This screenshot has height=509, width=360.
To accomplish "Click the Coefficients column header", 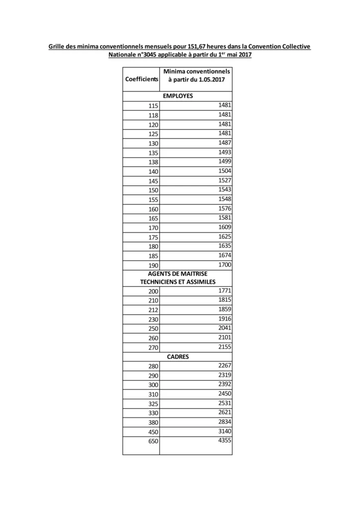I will pos(141,79).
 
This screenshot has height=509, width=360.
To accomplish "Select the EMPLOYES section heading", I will pos(178,96).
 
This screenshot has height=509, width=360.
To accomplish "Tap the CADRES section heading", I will pos(178,356).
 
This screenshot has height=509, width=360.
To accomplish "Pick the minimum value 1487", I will pos(225,143).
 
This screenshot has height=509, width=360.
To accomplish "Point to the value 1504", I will pos(225,170).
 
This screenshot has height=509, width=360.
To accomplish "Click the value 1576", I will pos(225,208).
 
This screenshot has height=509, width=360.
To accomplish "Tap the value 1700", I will pos(225,264).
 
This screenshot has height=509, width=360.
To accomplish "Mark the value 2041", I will pos(225,328).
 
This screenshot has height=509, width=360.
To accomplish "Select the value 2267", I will pos(225,365).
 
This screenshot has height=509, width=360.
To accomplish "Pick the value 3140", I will pos(225,431).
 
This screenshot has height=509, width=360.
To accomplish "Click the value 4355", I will pos(225,440).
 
